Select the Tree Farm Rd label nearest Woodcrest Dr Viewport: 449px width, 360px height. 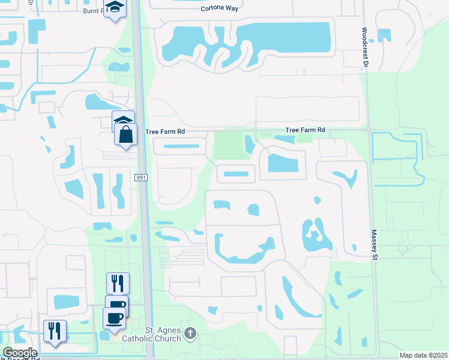[305, 130]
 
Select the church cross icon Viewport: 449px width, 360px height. [190, 332]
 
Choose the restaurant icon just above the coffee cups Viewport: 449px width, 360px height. [118, 283]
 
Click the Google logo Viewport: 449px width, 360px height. [20, 353]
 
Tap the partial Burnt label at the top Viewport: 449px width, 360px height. [92, 10]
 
